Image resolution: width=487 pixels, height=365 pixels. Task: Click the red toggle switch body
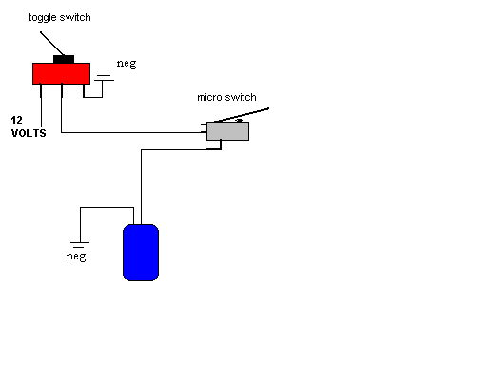[61, 73]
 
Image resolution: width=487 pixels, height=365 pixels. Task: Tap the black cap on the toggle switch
[64, 59]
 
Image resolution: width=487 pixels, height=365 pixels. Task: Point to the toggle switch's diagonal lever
[52, 44]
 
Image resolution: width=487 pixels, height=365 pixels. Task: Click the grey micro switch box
[227, 131]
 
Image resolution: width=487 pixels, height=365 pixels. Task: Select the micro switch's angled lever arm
[242, 115]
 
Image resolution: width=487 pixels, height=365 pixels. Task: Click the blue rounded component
[141, 253]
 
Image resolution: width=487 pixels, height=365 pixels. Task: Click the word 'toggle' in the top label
[43, 18]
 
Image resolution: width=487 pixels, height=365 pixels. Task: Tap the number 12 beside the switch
[17, 120]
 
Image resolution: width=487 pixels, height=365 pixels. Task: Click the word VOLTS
[29, 133]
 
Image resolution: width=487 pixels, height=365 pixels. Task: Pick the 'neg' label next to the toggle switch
[127, 64]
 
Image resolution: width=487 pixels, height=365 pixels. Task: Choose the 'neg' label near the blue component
[76, 256]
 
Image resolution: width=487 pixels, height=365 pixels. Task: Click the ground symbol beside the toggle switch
[104, 78]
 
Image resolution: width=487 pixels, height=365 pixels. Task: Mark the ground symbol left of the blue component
[80, 245]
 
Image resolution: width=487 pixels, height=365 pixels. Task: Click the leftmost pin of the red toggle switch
[41, 90]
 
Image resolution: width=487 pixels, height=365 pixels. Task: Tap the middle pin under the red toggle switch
[62, 90]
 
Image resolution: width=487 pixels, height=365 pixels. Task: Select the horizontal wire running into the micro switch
[134, 132]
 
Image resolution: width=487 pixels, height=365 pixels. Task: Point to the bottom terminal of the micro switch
[221, 144]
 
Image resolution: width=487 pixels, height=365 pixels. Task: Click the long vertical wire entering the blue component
[141, 187]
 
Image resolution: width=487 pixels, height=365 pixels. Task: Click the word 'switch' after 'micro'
[241, 97]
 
